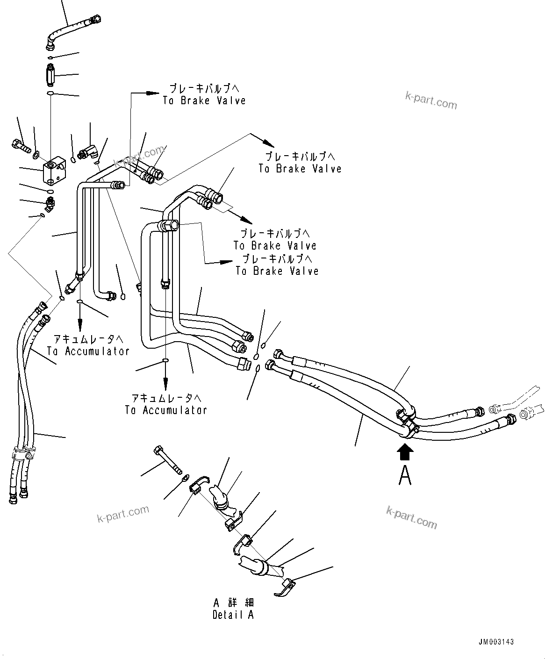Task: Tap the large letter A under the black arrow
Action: click(x=405, y=475)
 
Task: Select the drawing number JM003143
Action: click(x=496, y=642)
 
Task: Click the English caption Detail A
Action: click(x=233, y=615)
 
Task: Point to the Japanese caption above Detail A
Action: click(x=233, y=602)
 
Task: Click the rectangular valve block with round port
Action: click(x=53, y=171)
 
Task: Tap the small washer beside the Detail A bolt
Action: click(x=185, y=477)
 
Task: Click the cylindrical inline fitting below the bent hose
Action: click(x=50, y=74)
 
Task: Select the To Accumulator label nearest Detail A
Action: click(x=165, y=404)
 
